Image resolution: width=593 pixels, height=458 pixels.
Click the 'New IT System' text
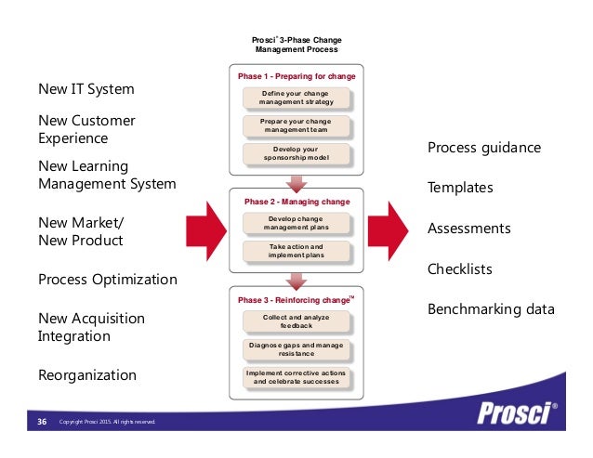pyautogui.click(x=86, y=90)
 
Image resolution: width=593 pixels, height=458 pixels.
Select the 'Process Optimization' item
pyautogui.click(x=107, y=280)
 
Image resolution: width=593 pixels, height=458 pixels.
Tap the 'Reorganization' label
pyautogui.click(x=86, y=375)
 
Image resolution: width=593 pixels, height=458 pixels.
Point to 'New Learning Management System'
pyautogui.click(x=106, y=174)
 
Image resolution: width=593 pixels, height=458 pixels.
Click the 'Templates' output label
pyautogui.click(x=459, y=188)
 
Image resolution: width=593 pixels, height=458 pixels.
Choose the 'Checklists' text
pyautogui.click(x=459, y=269)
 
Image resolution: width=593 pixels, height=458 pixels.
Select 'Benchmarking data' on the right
pyautogui.click(x=490, y=309)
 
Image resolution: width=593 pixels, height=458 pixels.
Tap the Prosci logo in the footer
pyautogui.click(x=512, y=412)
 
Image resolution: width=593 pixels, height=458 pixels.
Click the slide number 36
pyautogui.click(x=42, y=423)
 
